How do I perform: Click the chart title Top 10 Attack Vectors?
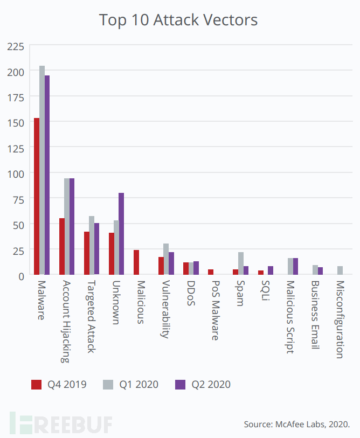pos(178,20)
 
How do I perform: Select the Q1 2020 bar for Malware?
pos(42,170)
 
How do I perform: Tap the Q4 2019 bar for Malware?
pos(37,197)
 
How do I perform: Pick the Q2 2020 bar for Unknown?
pos(121,234)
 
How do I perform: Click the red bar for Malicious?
pos(136,262)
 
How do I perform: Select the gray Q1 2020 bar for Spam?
pos(241,263)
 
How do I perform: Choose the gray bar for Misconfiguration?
pos(340,270)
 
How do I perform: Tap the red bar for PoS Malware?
pos(211,272)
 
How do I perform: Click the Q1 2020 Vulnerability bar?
pos(166,259)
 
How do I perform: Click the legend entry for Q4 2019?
pos(59,384)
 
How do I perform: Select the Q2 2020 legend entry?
pos(203,384)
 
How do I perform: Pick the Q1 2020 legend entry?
pos(131,384)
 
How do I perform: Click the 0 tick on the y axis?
pos(20,276)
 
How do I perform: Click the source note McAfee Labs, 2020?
pos(296,425)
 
